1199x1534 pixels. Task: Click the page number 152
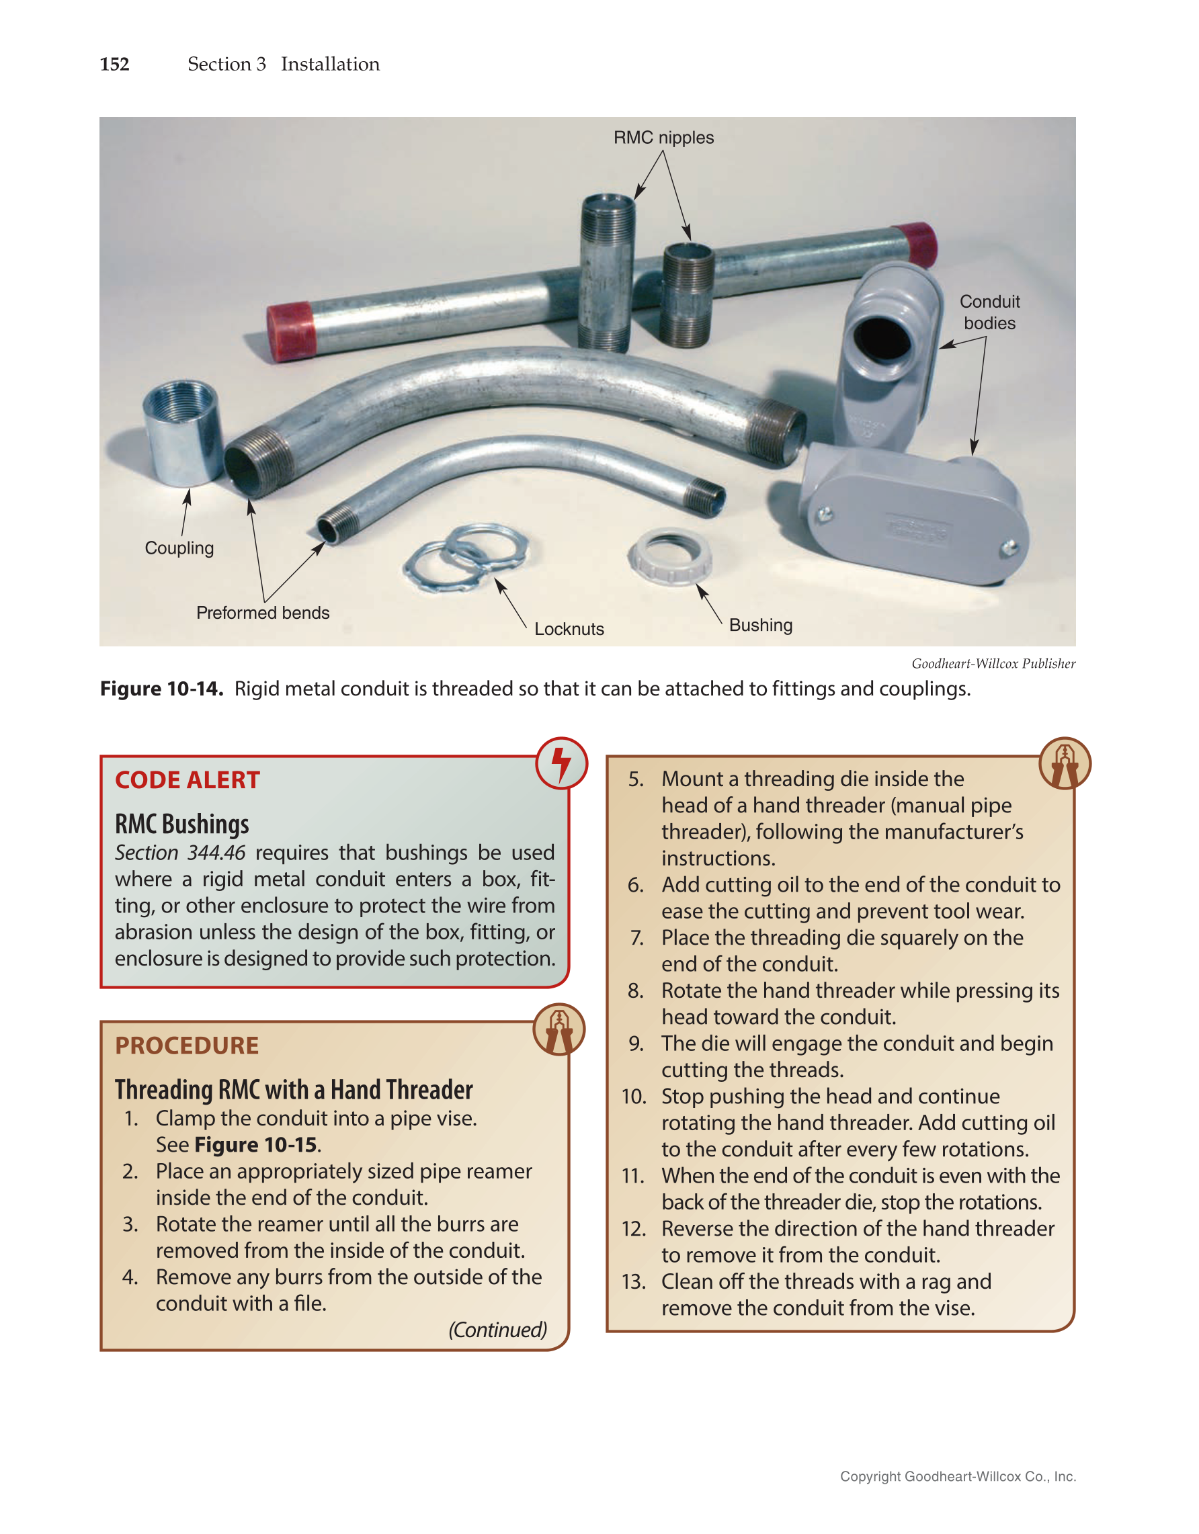(x=114, y=64)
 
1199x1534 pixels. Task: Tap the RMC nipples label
(x=663, y=138)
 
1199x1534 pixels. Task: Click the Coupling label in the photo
(x=179, y=548)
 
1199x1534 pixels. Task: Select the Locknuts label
(x=569, y=629)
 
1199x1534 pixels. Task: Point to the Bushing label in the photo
(x=761, y=625)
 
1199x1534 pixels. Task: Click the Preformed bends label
(x=263, y=613)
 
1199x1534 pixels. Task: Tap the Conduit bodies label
(x=989, y=312)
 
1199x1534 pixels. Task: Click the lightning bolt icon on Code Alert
(x=561, y=763)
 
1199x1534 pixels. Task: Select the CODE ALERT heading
(x=188, y=780)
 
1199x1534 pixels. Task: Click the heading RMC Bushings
(x=182, y=824)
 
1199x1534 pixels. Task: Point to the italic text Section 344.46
(x=180, y=853)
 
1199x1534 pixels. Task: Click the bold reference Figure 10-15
(x=255, y=1145)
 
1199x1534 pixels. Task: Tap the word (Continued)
(x=497, y=1330)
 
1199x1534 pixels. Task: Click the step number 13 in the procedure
(x=634, y=1282)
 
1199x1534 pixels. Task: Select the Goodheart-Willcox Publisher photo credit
(x=993, y=664)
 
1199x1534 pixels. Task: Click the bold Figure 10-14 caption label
(x=161, y=688)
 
